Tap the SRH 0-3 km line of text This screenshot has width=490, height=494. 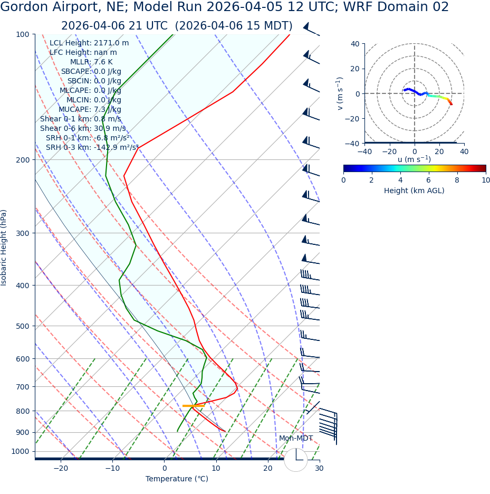click(x=92, y=148)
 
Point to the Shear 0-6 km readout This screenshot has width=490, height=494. click(x=83, y=129)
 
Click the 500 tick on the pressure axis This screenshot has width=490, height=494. click(x=23, y=326)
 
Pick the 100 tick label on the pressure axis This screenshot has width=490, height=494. click(x=23, y=34)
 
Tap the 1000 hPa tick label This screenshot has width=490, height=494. click(x=21, y=451)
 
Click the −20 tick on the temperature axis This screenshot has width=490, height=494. click(x=61, y=469)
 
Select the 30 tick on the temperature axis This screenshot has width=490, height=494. click(x=319, y=469)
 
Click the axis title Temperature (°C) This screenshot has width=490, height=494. click(x=177, y=479)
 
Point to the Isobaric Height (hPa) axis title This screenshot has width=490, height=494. click(x=4, y=248)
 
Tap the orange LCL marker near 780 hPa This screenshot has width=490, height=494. click(x=193, y=406)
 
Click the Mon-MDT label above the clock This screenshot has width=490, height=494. click(x=295, y=439)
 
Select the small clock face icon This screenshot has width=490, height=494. click(x=296, y=460)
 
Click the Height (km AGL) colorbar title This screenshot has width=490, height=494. click(x=414, y=191)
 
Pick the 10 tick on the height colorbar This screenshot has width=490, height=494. click(x=485, y=180)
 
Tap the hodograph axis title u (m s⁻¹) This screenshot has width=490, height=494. click(x=414, y=159)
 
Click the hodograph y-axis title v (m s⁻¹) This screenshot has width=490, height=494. click(x=340, y=93)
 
